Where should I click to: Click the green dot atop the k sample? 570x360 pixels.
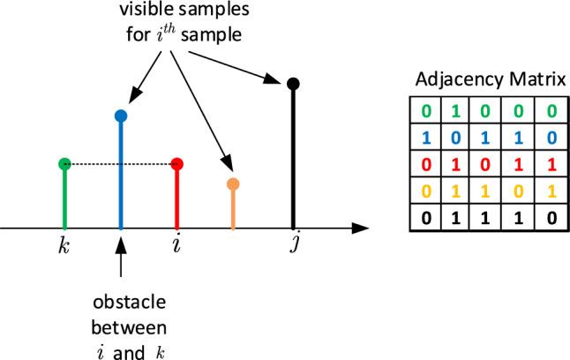coord(64,163)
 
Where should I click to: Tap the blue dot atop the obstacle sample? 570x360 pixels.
coord(121,116)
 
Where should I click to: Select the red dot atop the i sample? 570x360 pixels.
coord(177,163)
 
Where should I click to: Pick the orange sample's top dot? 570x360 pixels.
coord(233,184)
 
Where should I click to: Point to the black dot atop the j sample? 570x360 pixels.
coord(294,85)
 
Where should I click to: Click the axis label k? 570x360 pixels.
coord(64,244)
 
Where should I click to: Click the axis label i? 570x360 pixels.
coord(177,244)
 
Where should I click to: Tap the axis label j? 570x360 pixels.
coord(293,244)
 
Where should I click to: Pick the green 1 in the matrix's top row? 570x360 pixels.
coord(454,111)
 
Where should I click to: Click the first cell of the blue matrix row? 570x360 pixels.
coord(426,139)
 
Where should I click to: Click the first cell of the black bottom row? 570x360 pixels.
coord(426,218)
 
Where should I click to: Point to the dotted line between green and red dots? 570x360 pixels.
coord(120,163)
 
